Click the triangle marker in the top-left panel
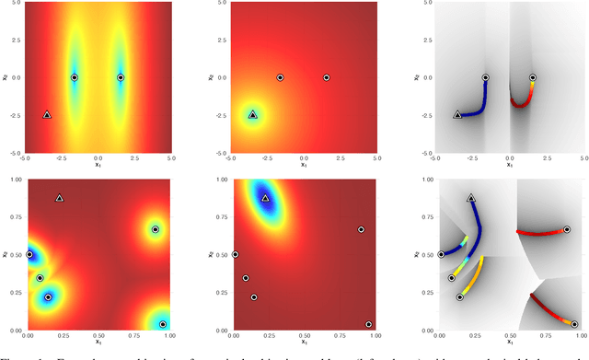tap(48, 115)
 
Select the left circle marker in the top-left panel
tap(75, 77)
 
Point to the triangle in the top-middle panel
tap(253, 115)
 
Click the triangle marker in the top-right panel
tap(458, 115)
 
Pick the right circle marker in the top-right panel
tap(533, 77)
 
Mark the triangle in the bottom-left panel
tap(59, 198)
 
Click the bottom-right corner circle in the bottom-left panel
tap(163, 324)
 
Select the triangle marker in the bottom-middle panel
tap(265, 198)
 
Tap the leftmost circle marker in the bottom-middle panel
tap(235, 254)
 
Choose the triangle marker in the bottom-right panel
tap(471, 198)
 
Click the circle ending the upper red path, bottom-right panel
tap(567, 229)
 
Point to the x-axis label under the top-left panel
tap(98, 166)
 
